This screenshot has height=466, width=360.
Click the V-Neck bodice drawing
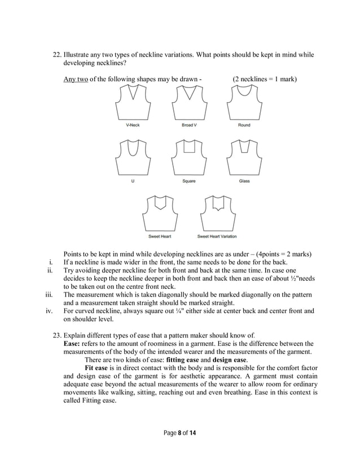pyautogui.click(x=133, y=103)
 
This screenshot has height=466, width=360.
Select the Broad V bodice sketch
pyautogui.click(x=188, y=103)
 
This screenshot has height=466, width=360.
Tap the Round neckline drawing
pyautogui.click(x=244, y=103)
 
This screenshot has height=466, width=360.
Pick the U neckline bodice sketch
pyautogui.click(x=133, y=158)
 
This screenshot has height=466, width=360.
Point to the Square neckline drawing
pyautogui.click(x=188, y=158)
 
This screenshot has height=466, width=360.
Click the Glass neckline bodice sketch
pyautogui.click(x=244, y=158)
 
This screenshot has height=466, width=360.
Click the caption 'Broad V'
pyautogui.click(x=188, y=125)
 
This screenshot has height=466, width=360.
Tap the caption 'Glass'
pyautogui.click(x=244, y=181)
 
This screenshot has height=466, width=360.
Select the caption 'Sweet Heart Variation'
pyautogui.click(x=216, y=236)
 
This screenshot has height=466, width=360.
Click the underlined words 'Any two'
pyautogui.click(x=76, y=79)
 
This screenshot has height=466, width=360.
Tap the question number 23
pyautogui.click(x=56, y=336)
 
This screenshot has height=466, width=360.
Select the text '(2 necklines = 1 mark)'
pyautogui.click(x=265, y=79)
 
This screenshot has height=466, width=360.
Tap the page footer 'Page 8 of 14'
pyautogui.click(x=180, y=433)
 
